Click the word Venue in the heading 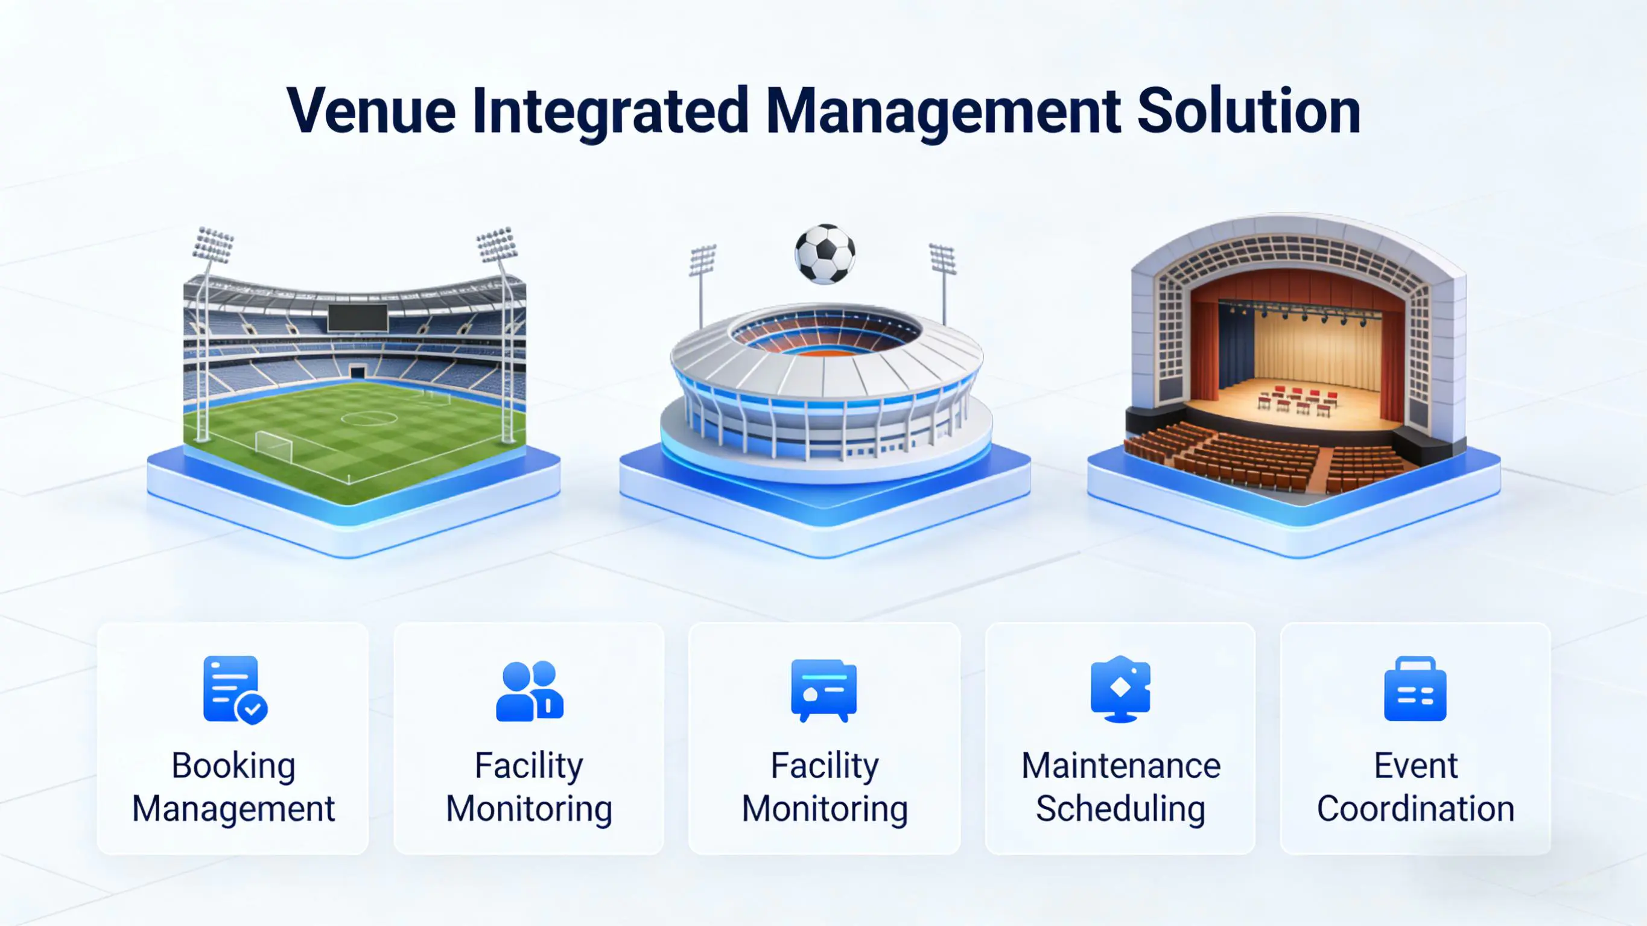pos(372,111)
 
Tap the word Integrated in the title pos(611,113)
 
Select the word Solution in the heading pos(1249,111)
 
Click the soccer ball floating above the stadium pos(825,254)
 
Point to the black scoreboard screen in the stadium pos(358,318)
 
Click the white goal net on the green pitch pos(274,446)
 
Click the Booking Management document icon pos(235,690)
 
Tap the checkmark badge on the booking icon pos(252,709)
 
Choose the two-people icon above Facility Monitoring pos(530,691)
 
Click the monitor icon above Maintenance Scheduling pos(1120,690)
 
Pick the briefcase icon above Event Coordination pos(1415,689)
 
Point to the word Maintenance pos(1121,766)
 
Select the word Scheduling pos(1120,810)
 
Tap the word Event pos(1415,766)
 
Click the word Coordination pos(1415,809)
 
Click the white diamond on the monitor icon pos(1120,687)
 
